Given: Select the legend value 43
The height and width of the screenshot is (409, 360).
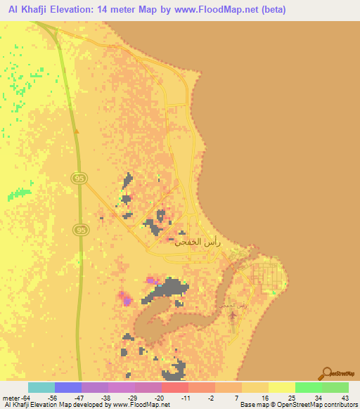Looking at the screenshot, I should point(345,397).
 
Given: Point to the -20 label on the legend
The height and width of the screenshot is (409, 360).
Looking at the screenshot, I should point(160,397).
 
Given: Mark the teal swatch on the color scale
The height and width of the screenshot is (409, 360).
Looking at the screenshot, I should point(41,387).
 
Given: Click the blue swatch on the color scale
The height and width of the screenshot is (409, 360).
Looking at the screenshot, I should point(68,387).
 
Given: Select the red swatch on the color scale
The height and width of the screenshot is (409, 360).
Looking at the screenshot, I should point(174,387).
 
